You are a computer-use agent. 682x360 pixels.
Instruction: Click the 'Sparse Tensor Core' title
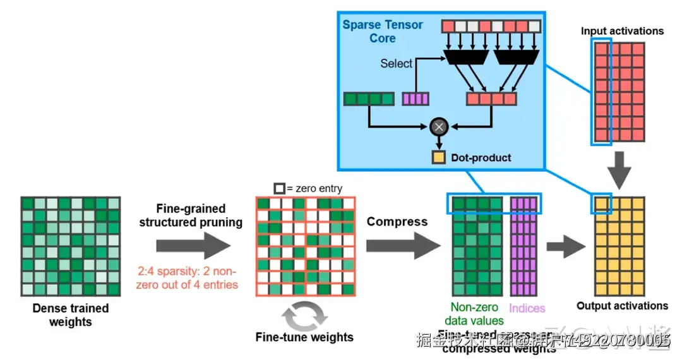click(383, 32)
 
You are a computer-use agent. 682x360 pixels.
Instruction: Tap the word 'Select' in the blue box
click(396, 63)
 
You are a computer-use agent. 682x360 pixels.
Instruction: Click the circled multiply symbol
click(438, 127)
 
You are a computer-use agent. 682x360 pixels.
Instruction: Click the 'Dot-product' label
click(481, 157)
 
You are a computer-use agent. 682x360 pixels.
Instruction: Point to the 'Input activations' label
click(622, 31)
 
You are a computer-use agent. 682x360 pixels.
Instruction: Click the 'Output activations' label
click(622, 306)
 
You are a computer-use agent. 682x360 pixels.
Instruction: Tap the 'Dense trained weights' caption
click(70, 315)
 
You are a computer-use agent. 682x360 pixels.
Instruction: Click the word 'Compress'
click(397, 222)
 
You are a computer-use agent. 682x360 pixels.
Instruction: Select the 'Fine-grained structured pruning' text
click(191, 215)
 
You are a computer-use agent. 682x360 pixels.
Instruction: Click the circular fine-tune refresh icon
click(304, 314)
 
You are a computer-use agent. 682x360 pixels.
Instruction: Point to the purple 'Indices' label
click(527, 308)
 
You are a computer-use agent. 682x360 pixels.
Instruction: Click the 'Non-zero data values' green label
click(475, 314)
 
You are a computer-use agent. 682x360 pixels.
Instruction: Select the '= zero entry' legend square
click(278, 188)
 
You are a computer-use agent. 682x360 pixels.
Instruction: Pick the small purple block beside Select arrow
click(416, 99)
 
